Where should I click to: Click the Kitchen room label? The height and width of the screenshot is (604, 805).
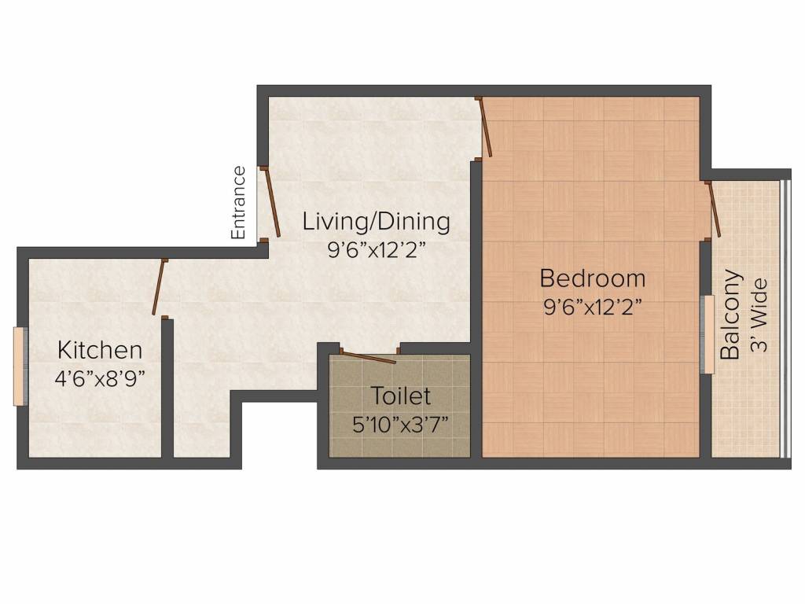[100, 350]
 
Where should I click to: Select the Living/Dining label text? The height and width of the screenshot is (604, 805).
[377, 222]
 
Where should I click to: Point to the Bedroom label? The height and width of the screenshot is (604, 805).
[593, 278]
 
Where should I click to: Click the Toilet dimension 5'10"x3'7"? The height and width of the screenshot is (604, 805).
[400, 424]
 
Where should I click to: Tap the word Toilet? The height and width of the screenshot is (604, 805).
[400, 396]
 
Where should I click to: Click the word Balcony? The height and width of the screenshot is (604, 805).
[731, 315]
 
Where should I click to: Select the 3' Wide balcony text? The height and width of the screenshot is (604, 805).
[759, 315]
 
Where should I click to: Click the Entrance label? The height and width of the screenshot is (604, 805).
[238, 202]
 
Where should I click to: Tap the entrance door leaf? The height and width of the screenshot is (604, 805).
[271, 202]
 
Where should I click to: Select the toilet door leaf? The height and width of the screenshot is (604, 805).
[368, 358]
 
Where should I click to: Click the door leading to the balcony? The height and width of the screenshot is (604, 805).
[715, 209]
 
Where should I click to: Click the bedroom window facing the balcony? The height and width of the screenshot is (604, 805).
[708, 334]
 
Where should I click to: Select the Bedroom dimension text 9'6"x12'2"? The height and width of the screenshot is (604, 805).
[593, 308]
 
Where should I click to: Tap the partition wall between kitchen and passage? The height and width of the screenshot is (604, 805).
[167, 388]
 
